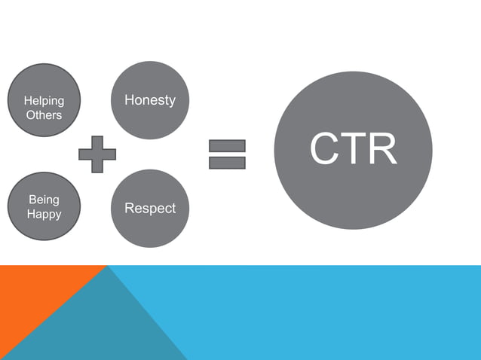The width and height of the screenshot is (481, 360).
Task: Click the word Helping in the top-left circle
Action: [x=44, y=101]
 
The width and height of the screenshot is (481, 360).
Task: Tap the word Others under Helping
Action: [x=44, y=115]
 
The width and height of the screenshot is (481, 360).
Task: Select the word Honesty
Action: [x=149, y=100]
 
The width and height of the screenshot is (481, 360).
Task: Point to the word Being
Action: [x=44, y=200]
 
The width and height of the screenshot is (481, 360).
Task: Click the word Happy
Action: [x=44, y=215]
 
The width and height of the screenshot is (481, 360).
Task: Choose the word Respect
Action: [x=149, y=208]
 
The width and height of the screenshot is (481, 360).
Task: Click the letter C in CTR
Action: [x=324, y=150]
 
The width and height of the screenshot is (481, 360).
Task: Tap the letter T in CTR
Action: [x=353, y=150]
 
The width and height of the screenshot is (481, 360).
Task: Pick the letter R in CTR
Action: [x=381, y=150]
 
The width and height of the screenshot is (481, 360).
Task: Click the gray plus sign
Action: [x=97, y=154]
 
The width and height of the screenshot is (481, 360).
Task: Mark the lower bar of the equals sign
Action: [x=228, y=162]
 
